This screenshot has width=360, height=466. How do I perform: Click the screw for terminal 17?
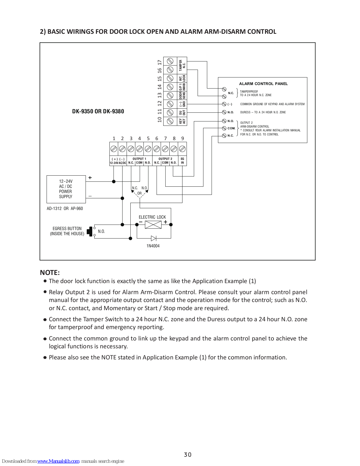170,61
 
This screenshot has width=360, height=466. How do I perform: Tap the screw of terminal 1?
114,149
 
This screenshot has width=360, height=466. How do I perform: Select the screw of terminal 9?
182,149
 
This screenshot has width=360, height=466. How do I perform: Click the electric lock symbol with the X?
153,225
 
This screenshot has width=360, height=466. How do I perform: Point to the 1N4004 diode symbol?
154,238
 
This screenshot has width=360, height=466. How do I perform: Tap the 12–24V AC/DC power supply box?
66,189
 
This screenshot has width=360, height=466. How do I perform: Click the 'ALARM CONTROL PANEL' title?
263,84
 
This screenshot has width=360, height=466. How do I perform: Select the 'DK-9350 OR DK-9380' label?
98,111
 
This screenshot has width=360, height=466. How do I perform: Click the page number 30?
188,455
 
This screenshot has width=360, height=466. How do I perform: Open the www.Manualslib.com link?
58,461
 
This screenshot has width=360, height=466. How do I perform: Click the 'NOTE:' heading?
50,273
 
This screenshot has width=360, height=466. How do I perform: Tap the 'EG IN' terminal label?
182,161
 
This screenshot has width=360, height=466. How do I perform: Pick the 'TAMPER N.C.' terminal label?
182,66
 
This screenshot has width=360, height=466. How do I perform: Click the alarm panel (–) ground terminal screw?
224,104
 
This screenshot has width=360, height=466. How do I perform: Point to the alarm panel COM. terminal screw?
224,128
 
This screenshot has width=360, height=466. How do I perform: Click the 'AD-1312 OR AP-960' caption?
65,209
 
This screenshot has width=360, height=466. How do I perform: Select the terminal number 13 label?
159,95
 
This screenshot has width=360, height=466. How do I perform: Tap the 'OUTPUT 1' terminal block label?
139,159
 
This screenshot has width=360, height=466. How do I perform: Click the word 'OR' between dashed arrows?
139,193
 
